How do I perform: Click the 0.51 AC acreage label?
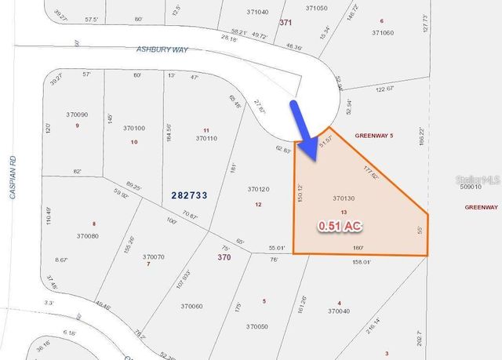click(x=339, y=226)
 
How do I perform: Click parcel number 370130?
click(x=344, y=198)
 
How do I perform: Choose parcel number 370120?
click(x=258, y=189)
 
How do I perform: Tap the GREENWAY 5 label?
click(x=374, y=135)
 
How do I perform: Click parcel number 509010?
click(x=470, y=187)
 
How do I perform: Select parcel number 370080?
click(x=88, y=235)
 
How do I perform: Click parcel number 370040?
click(x=338, y=311)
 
